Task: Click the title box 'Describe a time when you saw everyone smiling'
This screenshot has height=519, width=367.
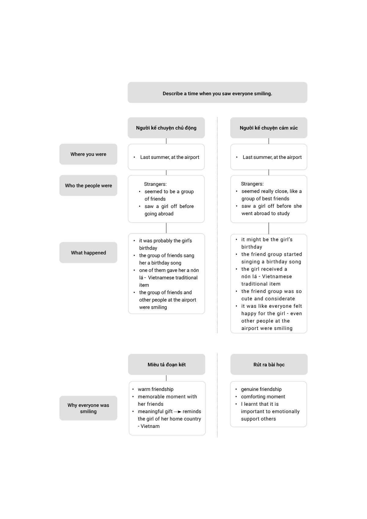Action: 217,92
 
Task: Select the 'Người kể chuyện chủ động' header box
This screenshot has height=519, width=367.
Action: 166,128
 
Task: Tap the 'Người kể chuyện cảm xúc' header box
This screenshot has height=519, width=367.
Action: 269,128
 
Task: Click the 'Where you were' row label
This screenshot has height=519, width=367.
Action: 88,154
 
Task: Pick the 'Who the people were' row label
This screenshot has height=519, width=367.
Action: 88,185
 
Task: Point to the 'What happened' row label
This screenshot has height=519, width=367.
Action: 88,253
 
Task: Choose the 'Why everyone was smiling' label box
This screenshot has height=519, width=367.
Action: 88,408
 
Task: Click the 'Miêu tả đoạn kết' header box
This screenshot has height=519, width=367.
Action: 167,365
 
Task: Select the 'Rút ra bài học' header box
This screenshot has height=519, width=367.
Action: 269,365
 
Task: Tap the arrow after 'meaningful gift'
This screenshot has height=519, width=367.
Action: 177,412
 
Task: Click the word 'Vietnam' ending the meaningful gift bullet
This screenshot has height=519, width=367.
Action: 150,426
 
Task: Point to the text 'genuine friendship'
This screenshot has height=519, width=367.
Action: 261,389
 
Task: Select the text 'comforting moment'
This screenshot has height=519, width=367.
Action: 263,397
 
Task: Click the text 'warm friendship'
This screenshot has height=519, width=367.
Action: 156,389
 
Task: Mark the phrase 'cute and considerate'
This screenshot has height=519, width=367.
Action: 268,299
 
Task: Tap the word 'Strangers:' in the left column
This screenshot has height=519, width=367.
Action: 155,184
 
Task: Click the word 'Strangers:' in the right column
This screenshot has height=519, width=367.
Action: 252,184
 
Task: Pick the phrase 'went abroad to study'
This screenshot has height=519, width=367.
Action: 265,213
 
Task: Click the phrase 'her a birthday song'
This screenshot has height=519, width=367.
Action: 160,263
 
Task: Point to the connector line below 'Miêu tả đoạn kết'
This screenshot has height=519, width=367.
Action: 166,378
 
